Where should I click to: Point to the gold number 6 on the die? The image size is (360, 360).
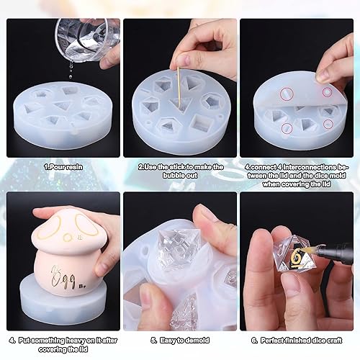pos(295,256)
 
